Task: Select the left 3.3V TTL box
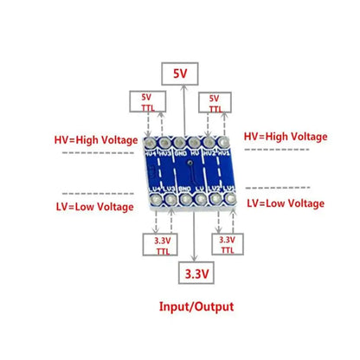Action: tap(162, 245)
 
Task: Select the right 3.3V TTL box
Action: tap(227, 245)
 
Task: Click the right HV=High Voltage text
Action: tap(285, 137)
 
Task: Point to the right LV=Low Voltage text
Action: tap(286, 203)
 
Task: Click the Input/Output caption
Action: tap(196, 306)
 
